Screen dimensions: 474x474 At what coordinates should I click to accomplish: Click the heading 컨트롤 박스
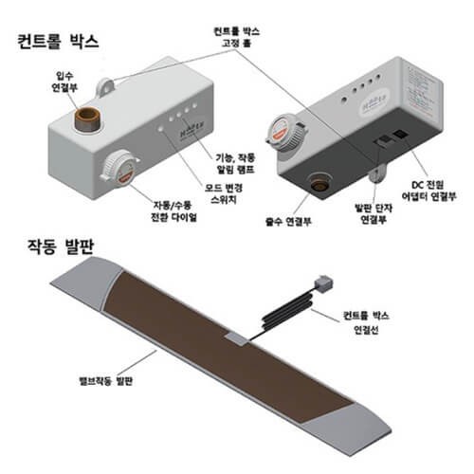click(x=58, y=42)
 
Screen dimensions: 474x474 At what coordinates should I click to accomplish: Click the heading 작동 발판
click(x=61, y=246)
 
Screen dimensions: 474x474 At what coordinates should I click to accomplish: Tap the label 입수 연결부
click(x=64, y=82)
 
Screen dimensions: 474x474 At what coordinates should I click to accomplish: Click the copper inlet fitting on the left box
click(x=87, y=119)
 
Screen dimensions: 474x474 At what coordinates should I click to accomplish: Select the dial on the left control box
click(x=119, y=168)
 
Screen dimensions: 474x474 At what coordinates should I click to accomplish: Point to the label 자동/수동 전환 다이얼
click(x=173, y=211)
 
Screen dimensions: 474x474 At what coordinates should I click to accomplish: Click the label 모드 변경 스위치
click(x=224, y=193)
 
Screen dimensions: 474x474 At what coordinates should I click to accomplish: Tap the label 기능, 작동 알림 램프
click(x=235, y=163)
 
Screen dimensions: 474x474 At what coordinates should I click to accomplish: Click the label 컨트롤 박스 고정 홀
click(x=237, y=37)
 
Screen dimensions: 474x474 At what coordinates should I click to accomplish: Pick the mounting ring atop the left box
click(x=106, y=85)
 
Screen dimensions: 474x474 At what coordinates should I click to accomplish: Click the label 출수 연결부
click(x=288, y=222)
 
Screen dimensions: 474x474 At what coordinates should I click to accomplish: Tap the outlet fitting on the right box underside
click(x=319, y=183)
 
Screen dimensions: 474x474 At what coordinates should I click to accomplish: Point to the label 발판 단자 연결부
click(x=374, y=213)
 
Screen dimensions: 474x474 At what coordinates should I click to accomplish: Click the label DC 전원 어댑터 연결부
click(x=428, y=191)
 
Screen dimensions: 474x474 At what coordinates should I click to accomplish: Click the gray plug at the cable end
click(x=324, y=283)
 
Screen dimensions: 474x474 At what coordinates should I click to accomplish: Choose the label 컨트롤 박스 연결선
click(x=366, y=322)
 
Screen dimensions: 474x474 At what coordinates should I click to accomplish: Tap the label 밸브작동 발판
click(x=105, y=380)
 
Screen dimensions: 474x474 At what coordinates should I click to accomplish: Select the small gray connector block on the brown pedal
click(x=236, y=338)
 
